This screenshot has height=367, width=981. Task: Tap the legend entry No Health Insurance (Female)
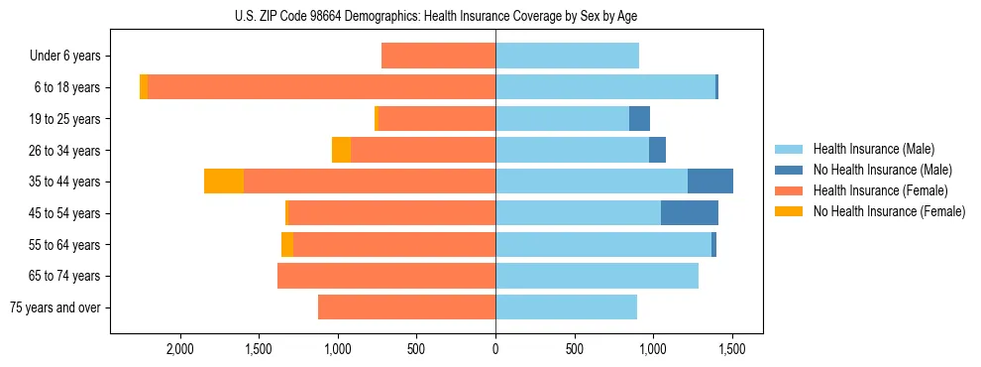pyautogui.click(x=889, y=211)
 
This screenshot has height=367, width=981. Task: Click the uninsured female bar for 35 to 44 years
pyautogui.click(x=224, y=182)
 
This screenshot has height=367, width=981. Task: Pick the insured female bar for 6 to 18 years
pyautogui.click(x=322, y=87)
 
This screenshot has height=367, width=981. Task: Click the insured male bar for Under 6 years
pyautogui.click(x=567, y=57)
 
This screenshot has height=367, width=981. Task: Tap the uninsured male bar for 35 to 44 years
pyautogui.click(x=710, y=182)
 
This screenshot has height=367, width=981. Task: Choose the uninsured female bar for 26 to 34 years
pyautogui.click(x=341, y=150)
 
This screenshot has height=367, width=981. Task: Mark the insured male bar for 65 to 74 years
pyautogui.click(x=597, y=276)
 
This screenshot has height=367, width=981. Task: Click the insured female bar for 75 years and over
pyautogui.click(x=406, y=307)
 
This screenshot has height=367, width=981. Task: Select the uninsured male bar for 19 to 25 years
pyautogui.click(x=640, y=119)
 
